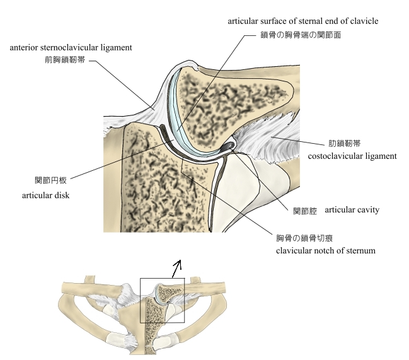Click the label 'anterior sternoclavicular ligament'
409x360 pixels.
(x=80, y=47)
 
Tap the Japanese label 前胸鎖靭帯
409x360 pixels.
(x=66, y=61)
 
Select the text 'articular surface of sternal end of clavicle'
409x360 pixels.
(x=303, y=21)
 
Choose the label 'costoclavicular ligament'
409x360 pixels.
(x=352, y=156)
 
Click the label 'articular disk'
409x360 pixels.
(x=45, y=195)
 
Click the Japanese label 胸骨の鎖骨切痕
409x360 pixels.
(x=304, y=238)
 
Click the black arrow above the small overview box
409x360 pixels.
(x=178, y=267)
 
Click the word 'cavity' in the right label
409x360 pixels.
(x=367, y=209)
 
